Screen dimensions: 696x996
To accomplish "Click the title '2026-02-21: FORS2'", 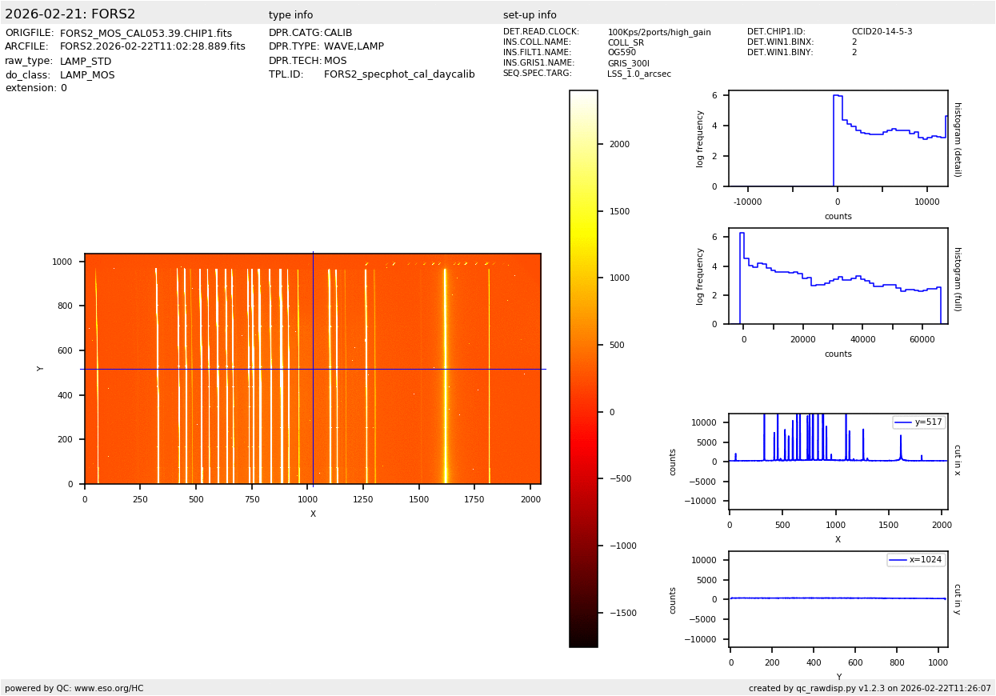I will click(x=70, y=14).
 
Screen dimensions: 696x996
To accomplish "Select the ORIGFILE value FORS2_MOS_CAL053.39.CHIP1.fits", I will click(x=146, y=34).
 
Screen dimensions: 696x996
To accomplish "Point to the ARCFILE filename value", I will click(x=153, y=47).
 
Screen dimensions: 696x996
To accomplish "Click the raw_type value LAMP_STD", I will click(x=86, y=62).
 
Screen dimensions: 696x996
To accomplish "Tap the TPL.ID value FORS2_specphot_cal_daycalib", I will click(x=399, y=74).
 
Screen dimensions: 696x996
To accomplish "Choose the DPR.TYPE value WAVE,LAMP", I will click(x=354, y=47).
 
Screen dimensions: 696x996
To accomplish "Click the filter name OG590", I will click(x=622, y=53).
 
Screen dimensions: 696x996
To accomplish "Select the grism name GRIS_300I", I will click(x=628, y=63).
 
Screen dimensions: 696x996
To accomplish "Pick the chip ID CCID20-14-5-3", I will click(x=882, y=32).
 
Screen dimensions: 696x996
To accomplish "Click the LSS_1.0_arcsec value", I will click(x=639, y=74).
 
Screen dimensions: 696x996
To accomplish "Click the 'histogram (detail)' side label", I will click(x=957, y=138).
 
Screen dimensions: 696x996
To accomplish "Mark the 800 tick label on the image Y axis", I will click(x=62, y=306).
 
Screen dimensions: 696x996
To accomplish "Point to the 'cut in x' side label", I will click(x=957, y=461).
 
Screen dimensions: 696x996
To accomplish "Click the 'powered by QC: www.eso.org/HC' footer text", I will click(x=74, y=688).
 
